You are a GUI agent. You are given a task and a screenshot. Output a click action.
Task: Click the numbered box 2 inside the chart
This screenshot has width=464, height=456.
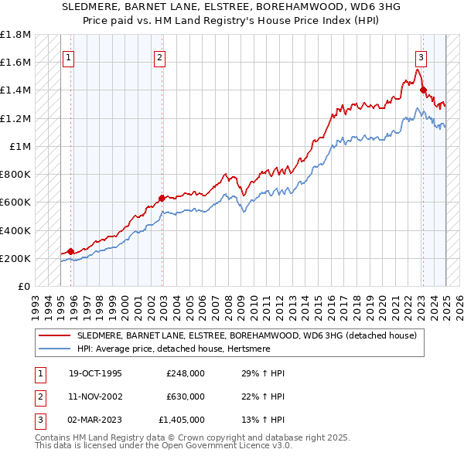[x=159, y=56]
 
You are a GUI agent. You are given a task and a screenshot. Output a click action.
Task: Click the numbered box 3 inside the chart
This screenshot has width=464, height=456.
[x=421, y=56]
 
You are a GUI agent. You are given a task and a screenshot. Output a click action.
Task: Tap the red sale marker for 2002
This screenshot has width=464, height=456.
[x=162, y=198]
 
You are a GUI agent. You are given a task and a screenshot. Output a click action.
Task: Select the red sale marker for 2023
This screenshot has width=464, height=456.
[x=423, y=90]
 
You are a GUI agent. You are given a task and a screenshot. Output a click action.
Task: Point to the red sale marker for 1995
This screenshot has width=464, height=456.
[x=70, y=251]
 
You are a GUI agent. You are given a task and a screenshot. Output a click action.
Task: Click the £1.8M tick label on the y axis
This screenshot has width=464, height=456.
[x=15, y=36]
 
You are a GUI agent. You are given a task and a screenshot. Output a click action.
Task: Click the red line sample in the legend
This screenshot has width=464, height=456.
[x=56, y=335]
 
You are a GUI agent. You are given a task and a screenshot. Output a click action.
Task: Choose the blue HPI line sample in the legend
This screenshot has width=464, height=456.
[x=56, y=349]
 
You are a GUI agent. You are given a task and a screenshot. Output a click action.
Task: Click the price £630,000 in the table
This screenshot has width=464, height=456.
[x=186, y=396]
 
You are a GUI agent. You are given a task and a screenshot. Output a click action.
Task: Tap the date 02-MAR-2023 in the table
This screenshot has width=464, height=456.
[x=94, y=420]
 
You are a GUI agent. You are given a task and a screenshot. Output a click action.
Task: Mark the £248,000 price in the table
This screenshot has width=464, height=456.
[x=186, y=373]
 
